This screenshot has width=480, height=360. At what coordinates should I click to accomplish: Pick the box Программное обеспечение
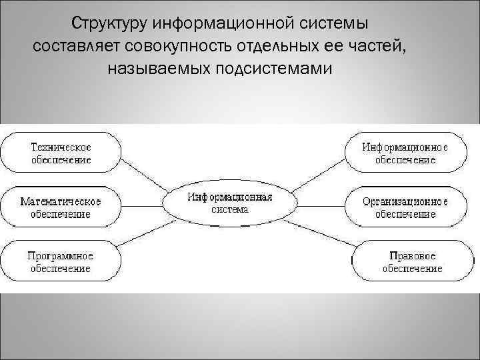pyautogui.click(x=61, y=261)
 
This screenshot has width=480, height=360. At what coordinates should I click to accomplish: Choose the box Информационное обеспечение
pyautogui.click(x=405, y=153)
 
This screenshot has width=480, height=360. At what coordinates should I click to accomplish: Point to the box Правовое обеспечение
pyautogui.click(x=412, y=261)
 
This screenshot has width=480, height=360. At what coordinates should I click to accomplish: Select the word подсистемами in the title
pyautogui.click(x=273, y=69)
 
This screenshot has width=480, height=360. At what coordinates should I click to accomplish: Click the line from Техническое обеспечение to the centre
pyautogui.click(x=148, y=175)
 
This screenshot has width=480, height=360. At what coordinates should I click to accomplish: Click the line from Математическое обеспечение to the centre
pyautogui.click(x=143, y=205)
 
